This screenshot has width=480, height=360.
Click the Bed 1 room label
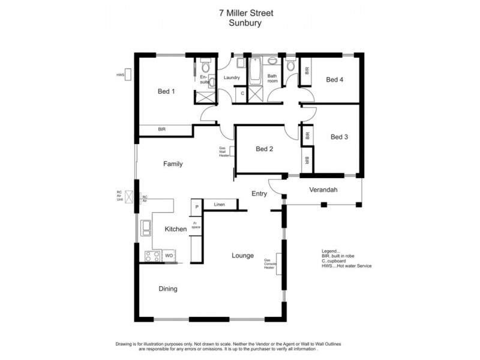click(166, 92)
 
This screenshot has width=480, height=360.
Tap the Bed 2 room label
click(265, 149)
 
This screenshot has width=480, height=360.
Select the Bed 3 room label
click(339, 137)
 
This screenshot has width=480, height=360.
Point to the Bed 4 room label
click(335, 79)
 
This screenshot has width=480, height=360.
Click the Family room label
click(173, 164)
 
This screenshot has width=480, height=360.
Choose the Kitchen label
click(176, 229)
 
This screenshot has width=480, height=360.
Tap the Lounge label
click(243, 256)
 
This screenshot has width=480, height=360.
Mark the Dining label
click(168, 289)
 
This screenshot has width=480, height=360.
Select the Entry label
click(259, 193)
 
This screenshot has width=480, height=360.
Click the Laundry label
click(232, 77)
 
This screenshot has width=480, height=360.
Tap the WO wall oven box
click(169, 256)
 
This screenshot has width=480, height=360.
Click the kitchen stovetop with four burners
click(152, 256)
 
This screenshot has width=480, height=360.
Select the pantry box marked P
click(196, 207)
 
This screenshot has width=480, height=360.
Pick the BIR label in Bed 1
click(162, 129)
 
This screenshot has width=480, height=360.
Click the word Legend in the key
click(331, 251)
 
